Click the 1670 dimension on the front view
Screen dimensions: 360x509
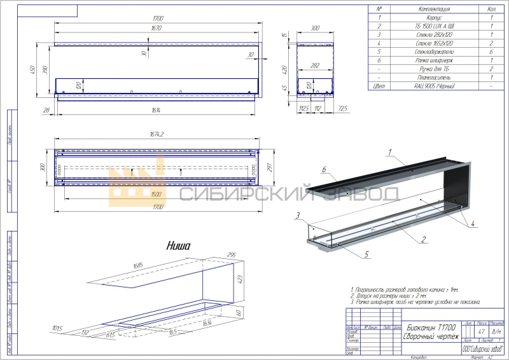coord(156,29)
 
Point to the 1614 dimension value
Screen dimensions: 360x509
coord(156,111)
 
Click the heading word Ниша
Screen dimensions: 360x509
coord(179,245)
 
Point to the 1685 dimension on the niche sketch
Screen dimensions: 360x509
coord(137,265)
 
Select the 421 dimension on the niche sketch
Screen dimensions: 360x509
coord(242,279)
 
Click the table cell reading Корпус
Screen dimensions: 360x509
coord(431,18)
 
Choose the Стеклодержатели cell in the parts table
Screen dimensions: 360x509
coord(431,51)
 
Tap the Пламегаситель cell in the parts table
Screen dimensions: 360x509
coord(431,76)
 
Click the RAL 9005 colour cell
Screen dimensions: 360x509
coord(431,85)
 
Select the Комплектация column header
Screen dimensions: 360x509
coord(431,9)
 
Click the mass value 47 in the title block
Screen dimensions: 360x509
coord(482,332)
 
